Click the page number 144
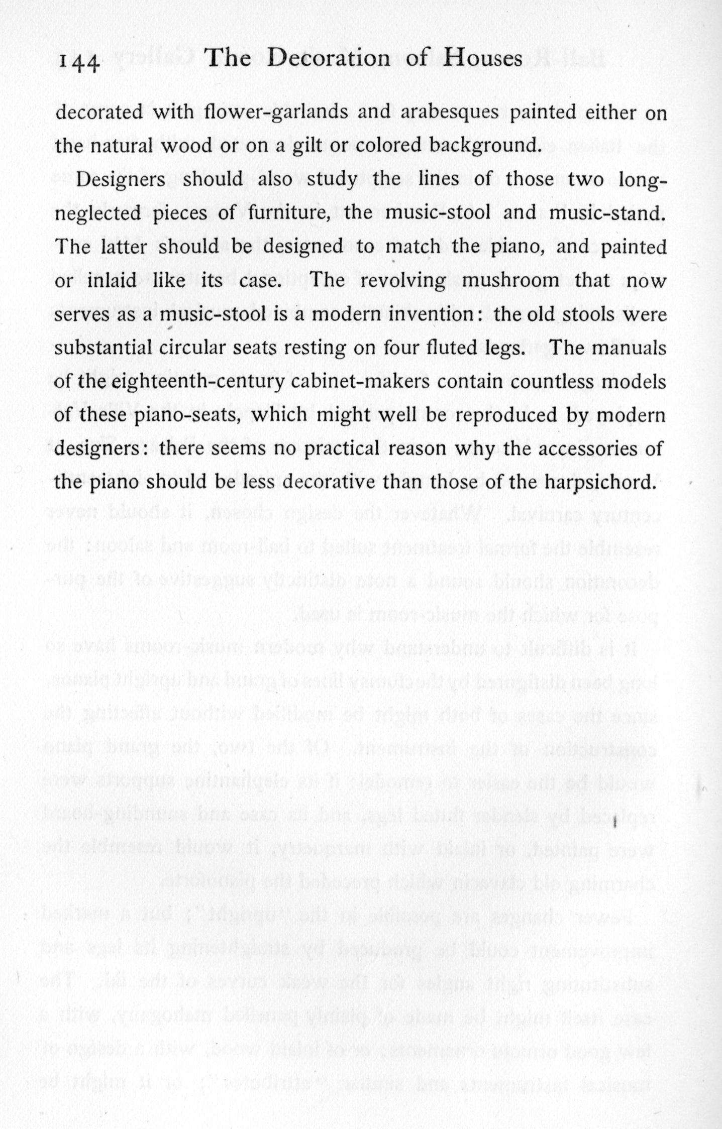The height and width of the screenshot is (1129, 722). point(80,63)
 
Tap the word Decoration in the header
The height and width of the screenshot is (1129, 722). point(329,59)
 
